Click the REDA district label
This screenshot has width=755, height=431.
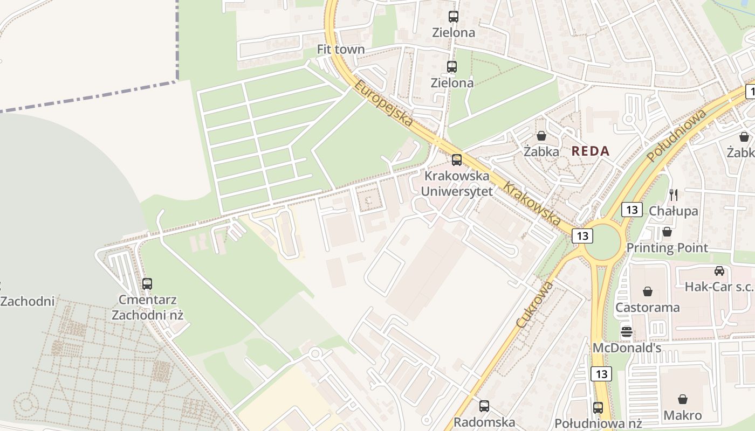(591, 151)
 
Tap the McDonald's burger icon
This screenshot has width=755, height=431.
(626, 331)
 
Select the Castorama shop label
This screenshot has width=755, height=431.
(648, 308)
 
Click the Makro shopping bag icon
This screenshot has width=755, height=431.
(683, 399)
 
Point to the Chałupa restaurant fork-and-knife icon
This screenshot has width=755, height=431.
(673, 195)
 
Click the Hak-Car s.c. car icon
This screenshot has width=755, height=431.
(719, 270)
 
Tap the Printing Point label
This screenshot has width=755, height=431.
(667, 248)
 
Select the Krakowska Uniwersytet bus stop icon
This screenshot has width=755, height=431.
(457, 159)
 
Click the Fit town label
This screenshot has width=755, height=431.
(341, 50)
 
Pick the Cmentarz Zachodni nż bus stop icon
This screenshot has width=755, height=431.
(147, 283)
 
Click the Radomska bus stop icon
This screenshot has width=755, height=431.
(484, 406)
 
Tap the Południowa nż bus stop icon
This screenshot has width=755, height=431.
(598, 407)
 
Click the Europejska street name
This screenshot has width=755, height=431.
(384, 103)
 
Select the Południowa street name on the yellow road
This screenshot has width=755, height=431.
(676, 135)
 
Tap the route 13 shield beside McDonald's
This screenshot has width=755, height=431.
(601, 373)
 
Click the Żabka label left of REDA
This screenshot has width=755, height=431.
(541, 152)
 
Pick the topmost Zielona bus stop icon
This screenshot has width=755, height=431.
(454, 17)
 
